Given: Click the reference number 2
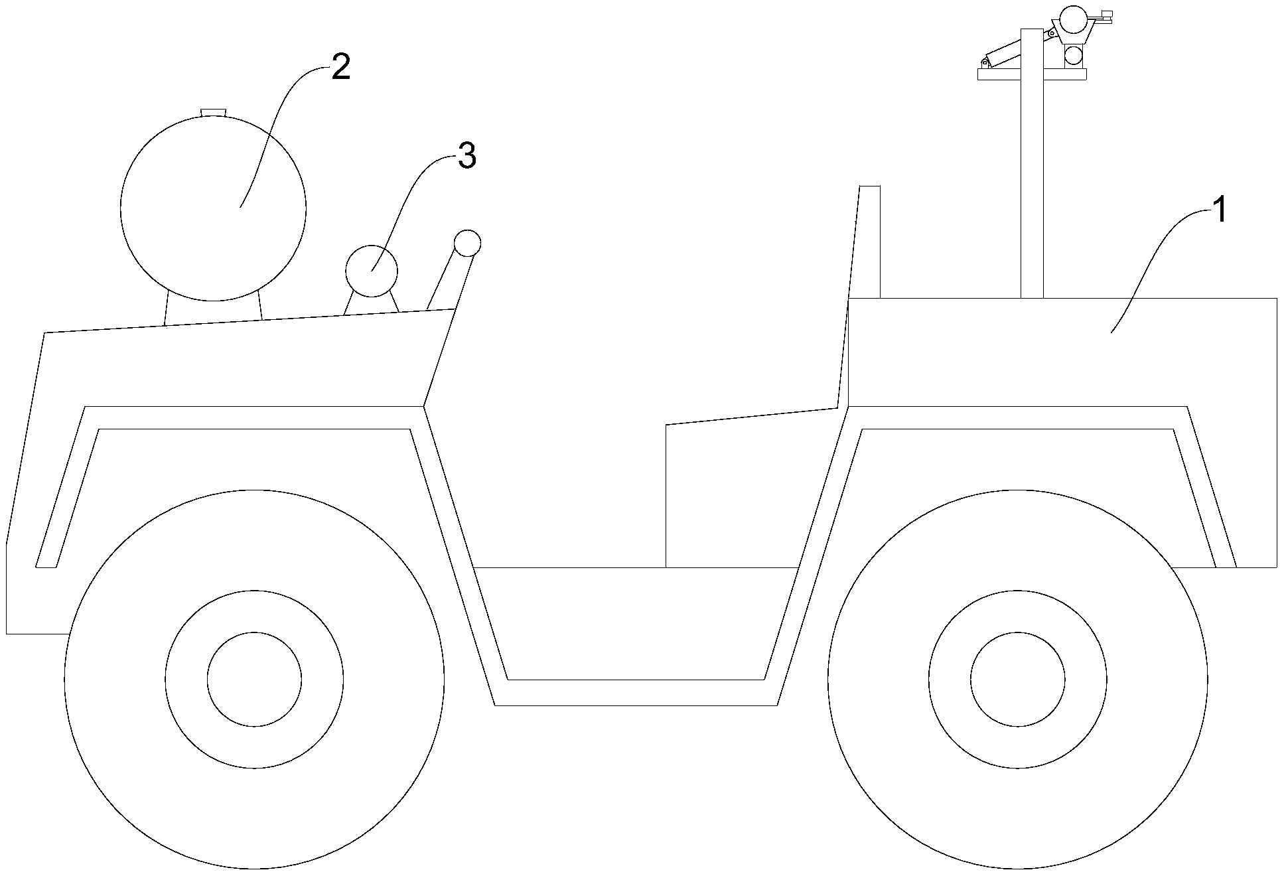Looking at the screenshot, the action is [x=340, y=67].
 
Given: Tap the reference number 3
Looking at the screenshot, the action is [x=467, y=157].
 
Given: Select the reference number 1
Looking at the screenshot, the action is [x=1220, y=211].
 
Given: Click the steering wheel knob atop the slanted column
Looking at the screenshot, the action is [x=467, y=243].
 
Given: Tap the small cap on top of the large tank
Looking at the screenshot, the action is [x=213, y=111].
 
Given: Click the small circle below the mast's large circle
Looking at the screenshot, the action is [x=1074, y=55].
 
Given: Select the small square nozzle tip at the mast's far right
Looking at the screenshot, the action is [x=1106, y=13].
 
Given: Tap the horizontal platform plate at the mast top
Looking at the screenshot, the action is [x=1031, y=74].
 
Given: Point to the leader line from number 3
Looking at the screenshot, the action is [x=411, y=199].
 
